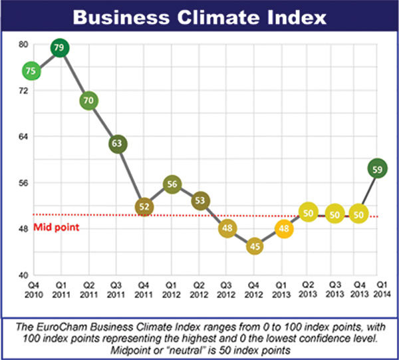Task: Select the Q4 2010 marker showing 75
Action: point(31,71)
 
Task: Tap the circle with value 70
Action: point(88,100)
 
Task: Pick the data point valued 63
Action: point(117,143)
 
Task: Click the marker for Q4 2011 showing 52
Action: point(144,207)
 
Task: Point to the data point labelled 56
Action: point(172,184)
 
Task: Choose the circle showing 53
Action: point(199,200)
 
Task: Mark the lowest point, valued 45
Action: point(255,246)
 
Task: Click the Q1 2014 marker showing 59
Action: point(378,170)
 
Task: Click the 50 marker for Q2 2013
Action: point(308,214)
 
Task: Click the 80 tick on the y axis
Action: point(23,45)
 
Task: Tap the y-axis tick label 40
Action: point(23,274)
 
